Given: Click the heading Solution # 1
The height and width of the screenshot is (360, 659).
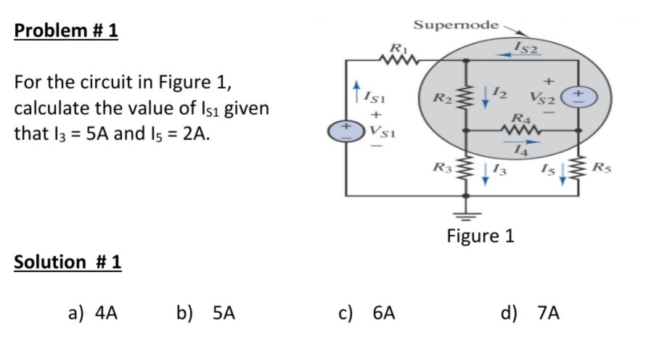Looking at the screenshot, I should click(x=67, y=262).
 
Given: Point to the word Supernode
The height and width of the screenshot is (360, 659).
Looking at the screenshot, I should click(x=456, y=25).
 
